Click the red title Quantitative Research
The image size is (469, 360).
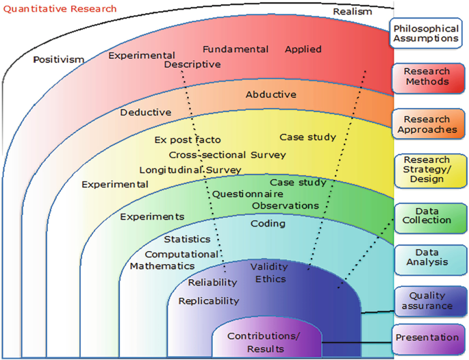click(x=59, y=9)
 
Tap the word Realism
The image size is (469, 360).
click(x=353, y=12)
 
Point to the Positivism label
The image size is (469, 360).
click(x=59, y=60)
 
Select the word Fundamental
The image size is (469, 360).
click(x=235, y=49)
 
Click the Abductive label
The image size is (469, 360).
click(x=271, y=94)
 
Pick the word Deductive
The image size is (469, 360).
click(x=146, y=112)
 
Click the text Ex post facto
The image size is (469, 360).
click(x=188, y=140)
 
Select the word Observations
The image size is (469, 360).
click(x=286, y=205)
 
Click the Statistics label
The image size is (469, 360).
click(x=187, y=240)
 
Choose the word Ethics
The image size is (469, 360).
click(x=270, y=279)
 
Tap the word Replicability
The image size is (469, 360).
click(x=209, y=300)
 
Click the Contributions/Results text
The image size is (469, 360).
click(x=264, y=343)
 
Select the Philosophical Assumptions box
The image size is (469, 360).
click(x=424, y=33)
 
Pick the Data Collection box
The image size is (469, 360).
click(x=427, y=215)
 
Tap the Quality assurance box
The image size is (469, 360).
click(x=427, y=301)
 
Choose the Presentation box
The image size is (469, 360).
click(x=427, y=337)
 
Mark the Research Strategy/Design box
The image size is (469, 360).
click(x=427, y=170)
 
